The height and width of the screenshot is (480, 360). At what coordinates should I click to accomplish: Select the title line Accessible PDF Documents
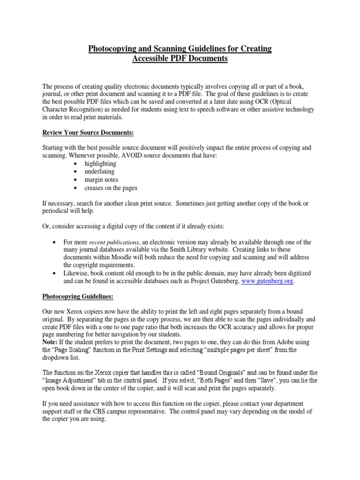click(x=180, y=59)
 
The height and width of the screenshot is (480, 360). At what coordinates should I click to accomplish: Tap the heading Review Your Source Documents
click(x=88, y=133)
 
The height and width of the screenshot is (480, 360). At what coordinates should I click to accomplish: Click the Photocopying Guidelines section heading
click(x=78, y=297)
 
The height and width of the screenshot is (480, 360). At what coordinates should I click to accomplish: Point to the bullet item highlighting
click(x=100, y=164)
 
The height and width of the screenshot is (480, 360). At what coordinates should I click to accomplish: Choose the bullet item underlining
click(x=99, y=172)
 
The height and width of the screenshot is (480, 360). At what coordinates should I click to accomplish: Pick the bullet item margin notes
click(x=101, y=180)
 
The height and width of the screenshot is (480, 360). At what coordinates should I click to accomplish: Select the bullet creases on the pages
click(x=111, y=187)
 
